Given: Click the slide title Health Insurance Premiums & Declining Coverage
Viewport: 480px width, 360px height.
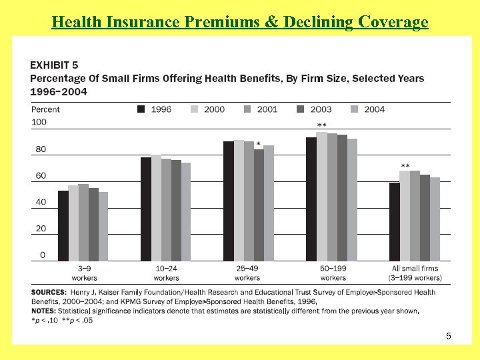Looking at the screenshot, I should click(x=240, y=22).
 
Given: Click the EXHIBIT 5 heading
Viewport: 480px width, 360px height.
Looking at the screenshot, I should click(x=54, y=65).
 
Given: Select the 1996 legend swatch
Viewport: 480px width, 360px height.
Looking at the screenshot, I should click(x=141, y=109).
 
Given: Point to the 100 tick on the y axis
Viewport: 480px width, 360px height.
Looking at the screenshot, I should click(x=39, y=122).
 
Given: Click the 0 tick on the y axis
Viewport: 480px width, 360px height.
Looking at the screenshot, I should click(x=43, y=255).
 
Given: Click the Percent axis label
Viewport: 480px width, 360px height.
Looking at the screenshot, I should click(x=45, y=109).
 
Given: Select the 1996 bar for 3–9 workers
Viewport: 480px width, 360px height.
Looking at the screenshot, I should click(x=63, y=225).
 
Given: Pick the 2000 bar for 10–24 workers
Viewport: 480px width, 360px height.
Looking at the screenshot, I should click(x=156, y=207).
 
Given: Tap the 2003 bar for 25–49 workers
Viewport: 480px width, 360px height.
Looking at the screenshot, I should click(x=259, y=205).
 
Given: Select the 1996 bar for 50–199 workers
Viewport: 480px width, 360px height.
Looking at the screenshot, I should click(x=311, y=199).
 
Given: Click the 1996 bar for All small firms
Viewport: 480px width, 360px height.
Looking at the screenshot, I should click(x=394, y=221).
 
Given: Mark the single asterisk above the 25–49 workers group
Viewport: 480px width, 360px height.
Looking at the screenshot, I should click(x=258, y=144).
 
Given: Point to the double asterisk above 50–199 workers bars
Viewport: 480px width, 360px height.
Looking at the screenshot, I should click(x=321, y=125).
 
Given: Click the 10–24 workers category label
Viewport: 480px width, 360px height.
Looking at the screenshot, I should click(x=166, y=273).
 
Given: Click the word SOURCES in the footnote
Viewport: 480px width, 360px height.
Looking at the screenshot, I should click(x=48, y=292).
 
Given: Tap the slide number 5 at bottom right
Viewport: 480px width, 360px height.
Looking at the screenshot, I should click(x=449, y=337).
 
